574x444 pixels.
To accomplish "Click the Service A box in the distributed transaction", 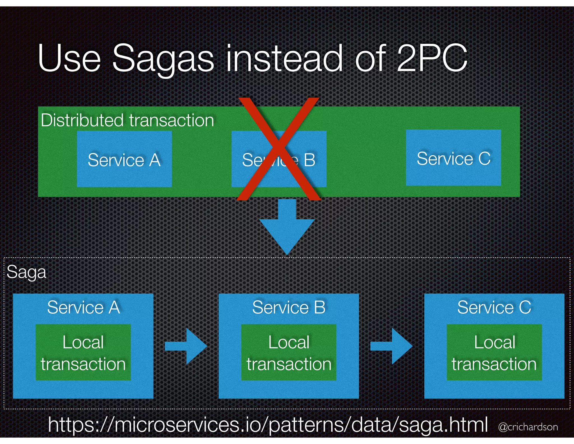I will pyautogui.click(x=124, y=159).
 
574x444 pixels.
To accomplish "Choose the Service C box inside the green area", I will pyautogui.click(x=453, y=158).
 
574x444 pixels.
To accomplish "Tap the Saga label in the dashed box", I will pyautogui.click(x=26, y=272).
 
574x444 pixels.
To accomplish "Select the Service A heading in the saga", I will pyautogui.click(x=84, y=307).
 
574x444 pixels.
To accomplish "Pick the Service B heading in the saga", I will pyautogui.click(x=289, y=307).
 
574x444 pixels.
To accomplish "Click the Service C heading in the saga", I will pyautogui.click(x=494, y=307).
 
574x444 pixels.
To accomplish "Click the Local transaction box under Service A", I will pyautogui.click(x=83, y=353).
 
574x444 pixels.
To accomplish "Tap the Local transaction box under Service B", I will pyautogui.click(x=289, y=353).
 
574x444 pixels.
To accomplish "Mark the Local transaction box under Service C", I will pyautogui.click(x=494, y=353).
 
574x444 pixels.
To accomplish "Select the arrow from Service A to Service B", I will pyautogui.click(x=186, y=346).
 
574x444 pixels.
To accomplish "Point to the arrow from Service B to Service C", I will pyautogui.click(x=391, y=346).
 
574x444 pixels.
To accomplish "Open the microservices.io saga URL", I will pyautogui.click(x=268, y=424).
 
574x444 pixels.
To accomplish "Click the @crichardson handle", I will pyautogui.click(x=528, y=427).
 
